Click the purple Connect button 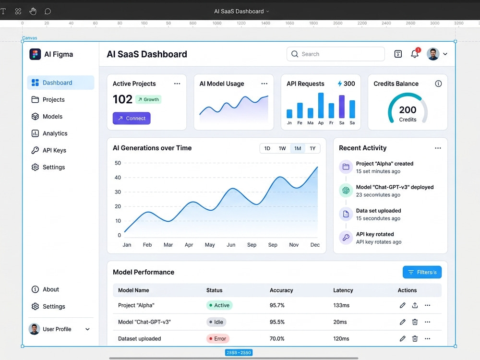132,118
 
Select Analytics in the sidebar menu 49,133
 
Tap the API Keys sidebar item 49,150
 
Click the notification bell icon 415,54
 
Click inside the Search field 336,54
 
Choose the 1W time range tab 282,148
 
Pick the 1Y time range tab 312,148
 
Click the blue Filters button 422,272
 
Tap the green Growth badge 148,99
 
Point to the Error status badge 217,338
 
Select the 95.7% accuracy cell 277,305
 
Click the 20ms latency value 340,322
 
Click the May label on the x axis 210,245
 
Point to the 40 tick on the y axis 118,178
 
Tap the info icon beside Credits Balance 438,84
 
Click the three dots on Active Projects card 177,84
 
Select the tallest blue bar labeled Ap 321,105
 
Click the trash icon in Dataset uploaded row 415,338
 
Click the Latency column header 343,290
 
